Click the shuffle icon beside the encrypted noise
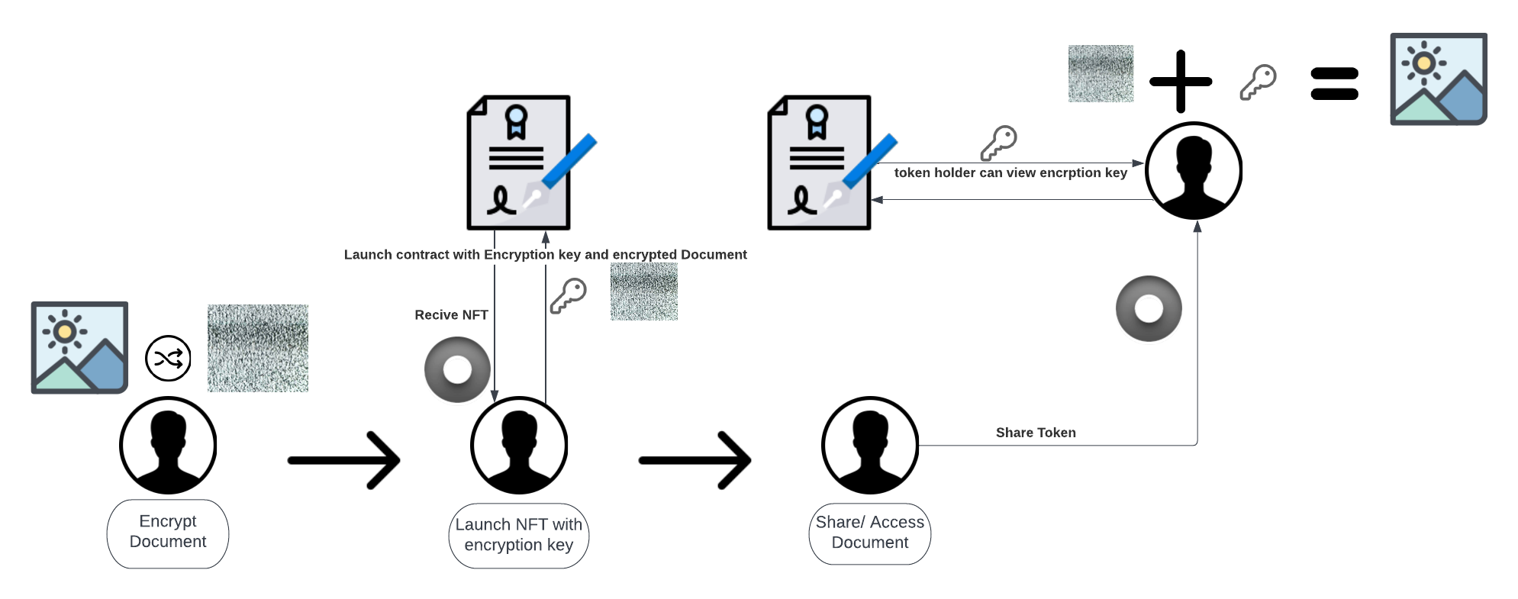(168, 358)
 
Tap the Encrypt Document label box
(168, 533)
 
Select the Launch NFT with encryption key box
(518, 535)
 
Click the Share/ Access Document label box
(869, 533)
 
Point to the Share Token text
(1035, 433)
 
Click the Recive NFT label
(451, 314)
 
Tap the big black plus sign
(1180, 81)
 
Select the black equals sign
(1334, 84)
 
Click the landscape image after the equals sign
(1438, 79)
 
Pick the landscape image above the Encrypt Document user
(79, 347)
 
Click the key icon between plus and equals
(1258, 82)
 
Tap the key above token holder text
(998, 143)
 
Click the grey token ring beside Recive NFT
(457, 369)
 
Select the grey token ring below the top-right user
(1148, 308)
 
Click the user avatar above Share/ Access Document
(869, 445)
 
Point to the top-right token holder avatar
(1193, 171)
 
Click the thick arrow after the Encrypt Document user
(344, 460)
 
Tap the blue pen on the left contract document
(569, 162)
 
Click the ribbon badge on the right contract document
(817, 121)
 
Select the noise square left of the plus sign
(1100, 73)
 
